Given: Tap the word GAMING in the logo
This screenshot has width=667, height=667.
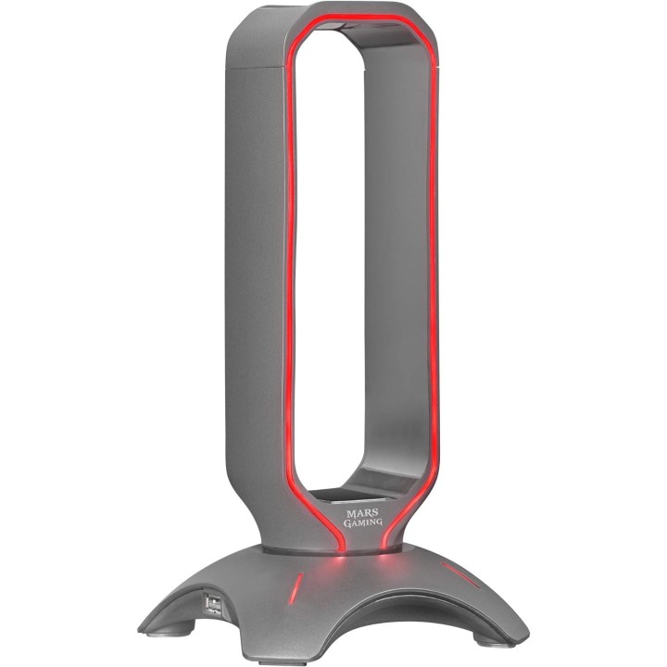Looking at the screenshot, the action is point(363,522).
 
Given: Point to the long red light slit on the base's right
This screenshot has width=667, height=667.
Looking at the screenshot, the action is point(461,575).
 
